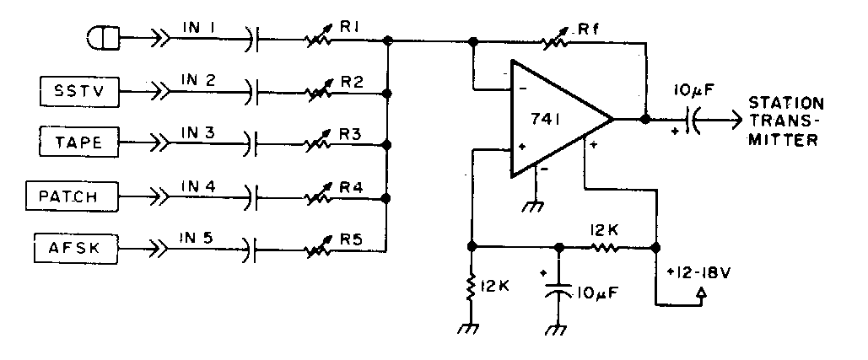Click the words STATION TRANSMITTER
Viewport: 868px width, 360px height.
click(x=784, y=121)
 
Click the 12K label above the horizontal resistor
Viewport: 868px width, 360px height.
click(x=606, y=228)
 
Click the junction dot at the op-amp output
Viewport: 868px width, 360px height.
click(x=645, y=120)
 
